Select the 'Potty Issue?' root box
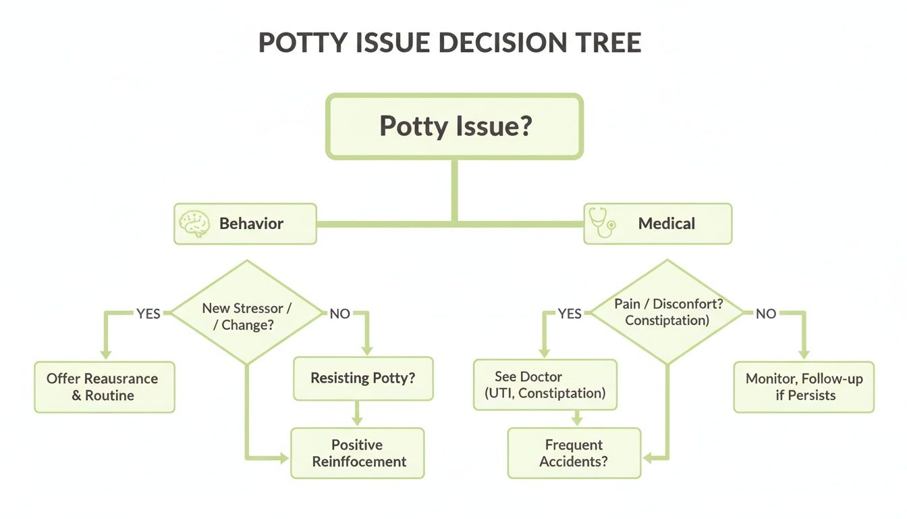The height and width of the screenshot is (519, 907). [454, 127]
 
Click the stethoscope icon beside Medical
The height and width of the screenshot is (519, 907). [600, 224]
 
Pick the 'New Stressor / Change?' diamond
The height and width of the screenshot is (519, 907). [246, 312]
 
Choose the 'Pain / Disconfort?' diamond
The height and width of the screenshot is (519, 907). [667, 312]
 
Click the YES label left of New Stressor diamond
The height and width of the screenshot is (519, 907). [148, 314]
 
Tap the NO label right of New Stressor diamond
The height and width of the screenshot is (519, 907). [339, 314]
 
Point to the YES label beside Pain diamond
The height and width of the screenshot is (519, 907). [570, 314]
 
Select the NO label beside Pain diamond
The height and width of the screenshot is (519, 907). [766, 314]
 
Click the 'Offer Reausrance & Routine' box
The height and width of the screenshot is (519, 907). [105, 387]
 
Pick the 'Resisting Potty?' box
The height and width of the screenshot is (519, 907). [363, 378]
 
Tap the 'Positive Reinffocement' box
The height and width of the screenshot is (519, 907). [358, 453]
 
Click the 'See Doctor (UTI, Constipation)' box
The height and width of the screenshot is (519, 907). [545, 385]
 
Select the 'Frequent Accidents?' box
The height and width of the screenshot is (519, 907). [574, 453]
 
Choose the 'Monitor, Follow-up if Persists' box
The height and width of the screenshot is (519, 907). [804, 387]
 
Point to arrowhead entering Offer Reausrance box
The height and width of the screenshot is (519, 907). [105, 353]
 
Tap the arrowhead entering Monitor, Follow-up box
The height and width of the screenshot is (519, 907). [803, 353]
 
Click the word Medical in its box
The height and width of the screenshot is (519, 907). [666, 224]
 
